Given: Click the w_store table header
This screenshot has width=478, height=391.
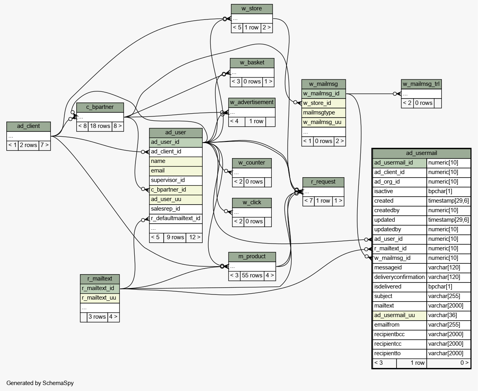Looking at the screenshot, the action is (252, 9).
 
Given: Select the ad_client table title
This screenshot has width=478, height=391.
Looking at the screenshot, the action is (29, 126).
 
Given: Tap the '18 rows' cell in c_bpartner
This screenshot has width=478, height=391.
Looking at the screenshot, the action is (100, 126).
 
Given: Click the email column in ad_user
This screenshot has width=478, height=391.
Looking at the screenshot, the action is (176, 171).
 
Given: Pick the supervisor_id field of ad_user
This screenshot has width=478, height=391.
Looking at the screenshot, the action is (176, 180).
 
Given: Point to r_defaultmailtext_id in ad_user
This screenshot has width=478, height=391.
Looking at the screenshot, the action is (176, 218).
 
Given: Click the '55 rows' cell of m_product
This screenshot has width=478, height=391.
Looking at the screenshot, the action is (252, 275).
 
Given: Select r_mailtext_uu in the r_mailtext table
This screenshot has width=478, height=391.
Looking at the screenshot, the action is (100, 298).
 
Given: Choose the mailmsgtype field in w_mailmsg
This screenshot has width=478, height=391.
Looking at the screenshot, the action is (324, 113).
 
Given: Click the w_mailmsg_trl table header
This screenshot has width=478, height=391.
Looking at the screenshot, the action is (421, 84).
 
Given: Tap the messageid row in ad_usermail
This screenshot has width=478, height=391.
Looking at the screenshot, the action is (422, 268).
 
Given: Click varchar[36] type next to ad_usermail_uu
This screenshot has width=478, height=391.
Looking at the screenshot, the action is (449, 315).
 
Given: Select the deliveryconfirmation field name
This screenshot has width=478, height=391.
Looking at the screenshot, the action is (400, 277).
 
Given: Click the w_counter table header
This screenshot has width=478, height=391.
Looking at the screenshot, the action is (252, 163).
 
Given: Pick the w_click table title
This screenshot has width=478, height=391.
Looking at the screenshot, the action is (252, 203).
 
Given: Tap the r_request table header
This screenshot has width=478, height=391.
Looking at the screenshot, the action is (323, 182).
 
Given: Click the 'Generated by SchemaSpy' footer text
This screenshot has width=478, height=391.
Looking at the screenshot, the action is (40, 383).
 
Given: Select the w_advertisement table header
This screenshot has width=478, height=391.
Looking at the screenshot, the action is (252, 103).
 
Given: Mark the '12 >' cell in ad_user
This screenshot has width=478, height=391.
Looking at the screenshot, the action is (194, 238).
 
